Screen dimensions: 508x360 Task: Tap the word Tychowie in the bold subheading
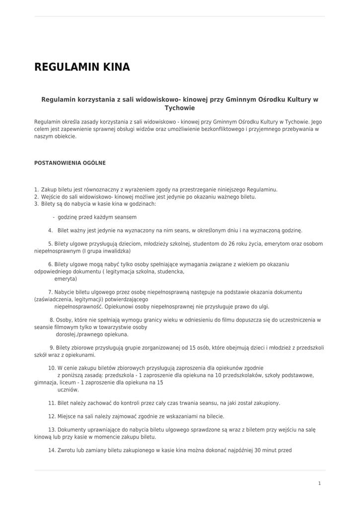[x=180, y=108]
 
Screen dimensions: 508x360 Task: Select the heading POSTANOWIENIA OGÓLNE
[x=70, y=163]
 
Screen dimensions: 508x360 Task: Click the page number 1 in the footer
[x=320, y=483]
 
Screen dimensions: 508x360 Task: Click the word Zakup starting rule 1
[x=49, y=190]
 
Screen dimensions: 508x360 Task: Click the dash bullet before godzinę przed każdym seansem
[x=54, y=217]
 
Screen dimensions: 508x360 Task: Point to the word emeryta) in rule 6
[x=66, y=279]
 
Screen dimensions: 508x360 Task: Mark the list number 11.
[x=52, y=403]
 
